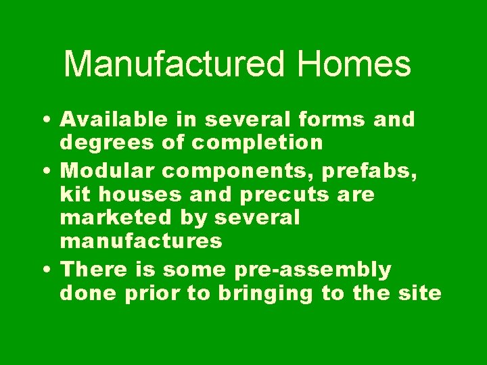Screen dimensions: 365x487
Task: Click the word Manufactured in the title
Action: point(174,65)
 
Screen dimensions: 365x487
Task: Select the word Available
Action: point(113,120)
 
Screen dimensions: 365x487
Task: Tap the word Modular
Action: point(104,172)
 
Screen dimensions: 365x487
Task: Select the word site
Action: point(423,294)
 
